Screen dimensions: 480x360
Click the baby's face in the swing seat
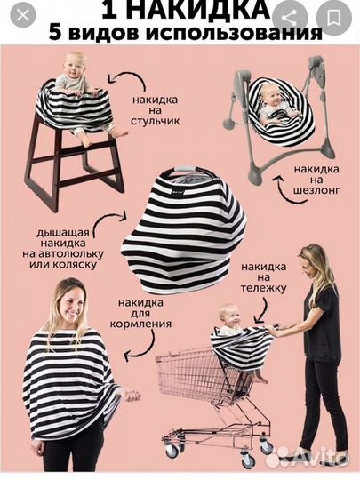click(x=270, y=96)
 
